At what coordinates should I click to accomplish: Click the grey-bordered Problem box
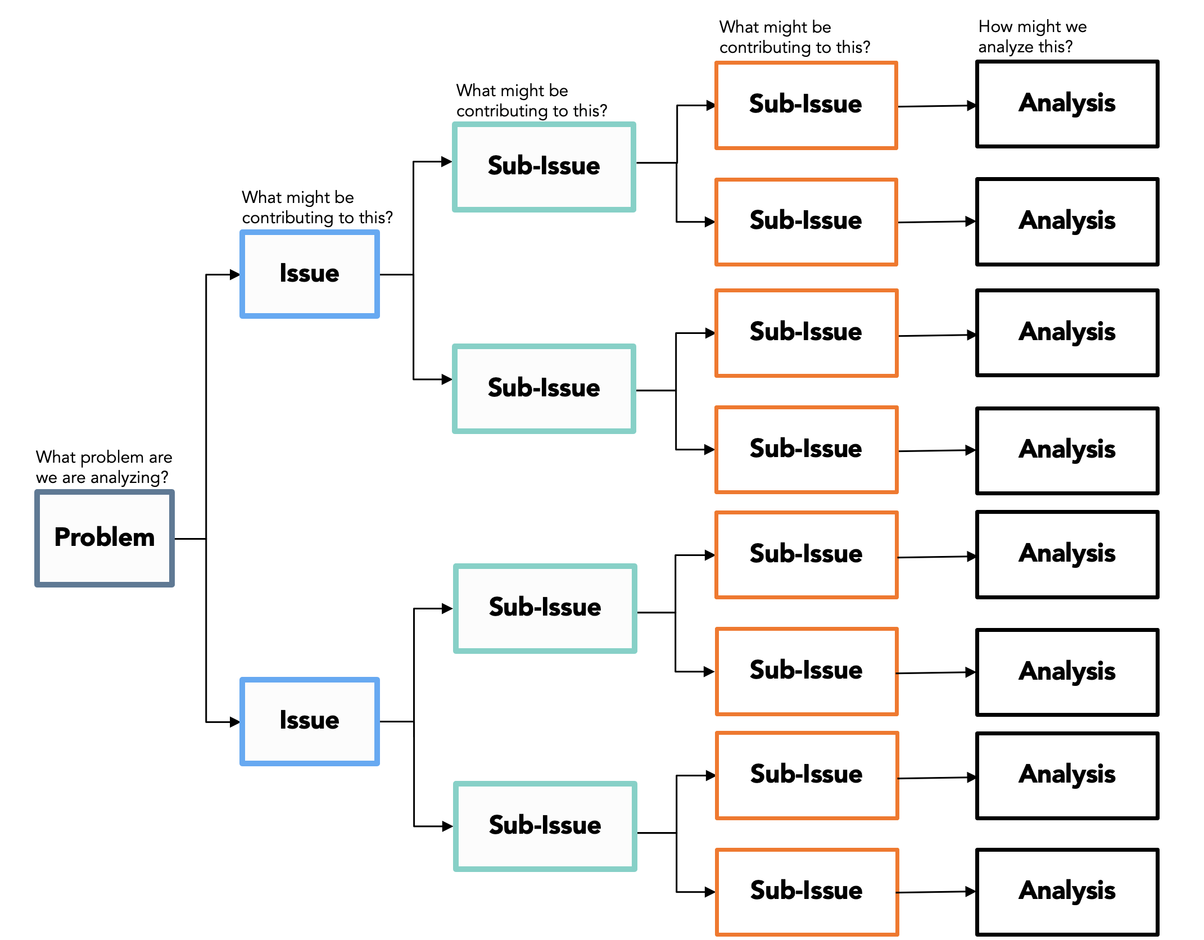tap(105, 538)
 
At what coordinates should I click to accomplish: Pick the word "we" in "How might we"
tap(1076, 27)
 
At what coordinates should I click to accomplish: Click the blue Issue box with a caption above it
tap(310, 274)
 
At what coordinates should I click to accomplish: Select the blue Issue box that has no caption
tap(310, 721)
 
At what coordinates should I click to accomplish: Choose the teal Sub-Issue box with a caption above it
tap(544, 167)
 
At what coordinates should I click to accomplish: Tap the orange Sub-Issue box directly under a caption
tap(806, 105)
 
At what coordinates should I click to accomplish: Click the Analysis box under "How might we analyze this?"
tap(1067, 104)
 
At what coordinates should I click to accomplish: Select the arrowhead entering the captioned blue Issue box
tap(235, 274)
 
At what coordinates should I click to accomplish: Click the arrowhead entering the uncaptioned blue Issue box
tap(235, 722)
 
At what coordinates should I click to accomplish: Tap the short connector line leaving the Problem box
tap(190, 539)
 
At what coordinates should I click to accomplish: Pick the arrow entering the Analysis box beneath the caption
tap(937, 106)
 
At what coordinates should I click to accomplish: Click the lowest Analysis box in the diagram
tap(1067, 892)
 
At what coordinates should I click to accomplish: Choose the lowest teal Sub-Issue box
tap(545, 826)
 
